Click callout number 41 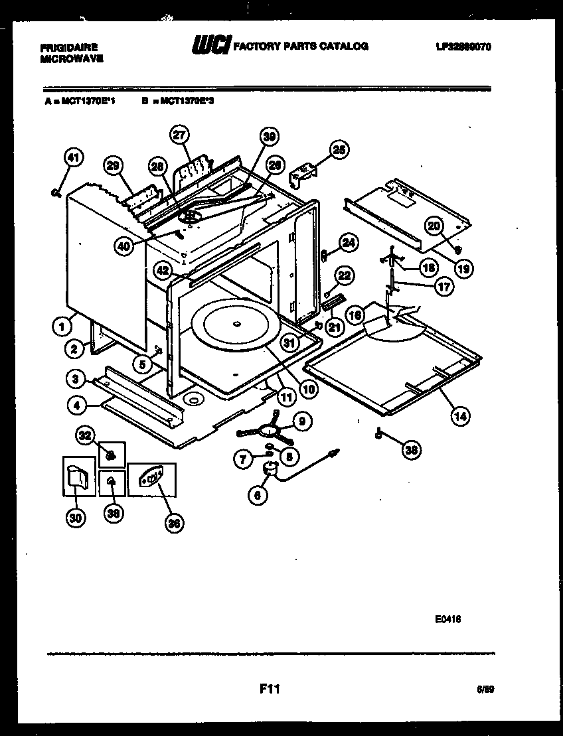point(74,158)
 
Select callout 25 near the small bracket point(339,151)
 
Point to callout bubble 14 point(459,416)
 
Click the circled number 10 point(308,389)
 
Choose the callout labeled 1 point(62,326)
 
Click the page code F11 point(270,690)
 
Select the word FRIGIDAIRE point(69,48)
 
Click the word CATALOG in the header point(345,46)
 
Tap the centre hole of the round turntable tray point(236,324)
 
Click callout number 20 point(434,226)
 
